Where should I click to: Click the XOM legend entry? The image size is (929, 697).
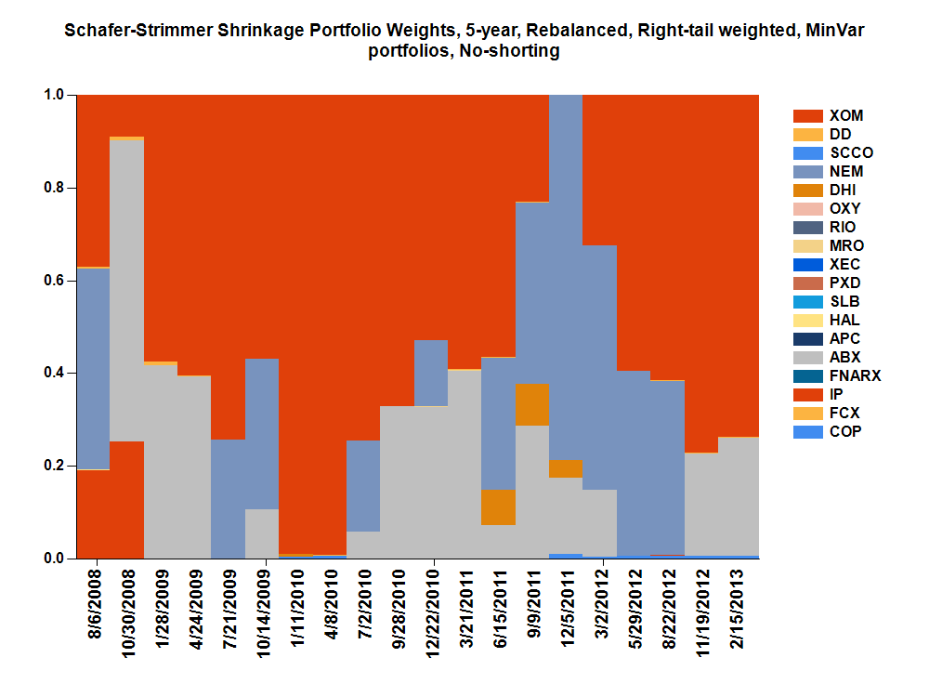point(845,116)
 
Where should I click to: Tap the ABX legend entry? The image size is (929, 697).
point(844,358)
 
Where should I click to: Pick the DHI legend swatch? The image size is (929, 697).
point(808,191)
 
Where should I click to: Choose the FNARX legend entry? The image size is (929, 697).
point(854,376)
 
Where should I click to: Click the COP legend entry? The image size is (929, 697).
point(844,432)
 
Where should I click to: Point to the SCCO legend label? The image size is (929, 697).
point(850,153)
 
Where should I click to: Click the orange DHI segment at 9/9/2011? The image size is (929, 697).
point(532,404)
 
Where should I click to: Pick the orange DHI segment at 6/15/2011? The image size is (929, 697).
point(499,507)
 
